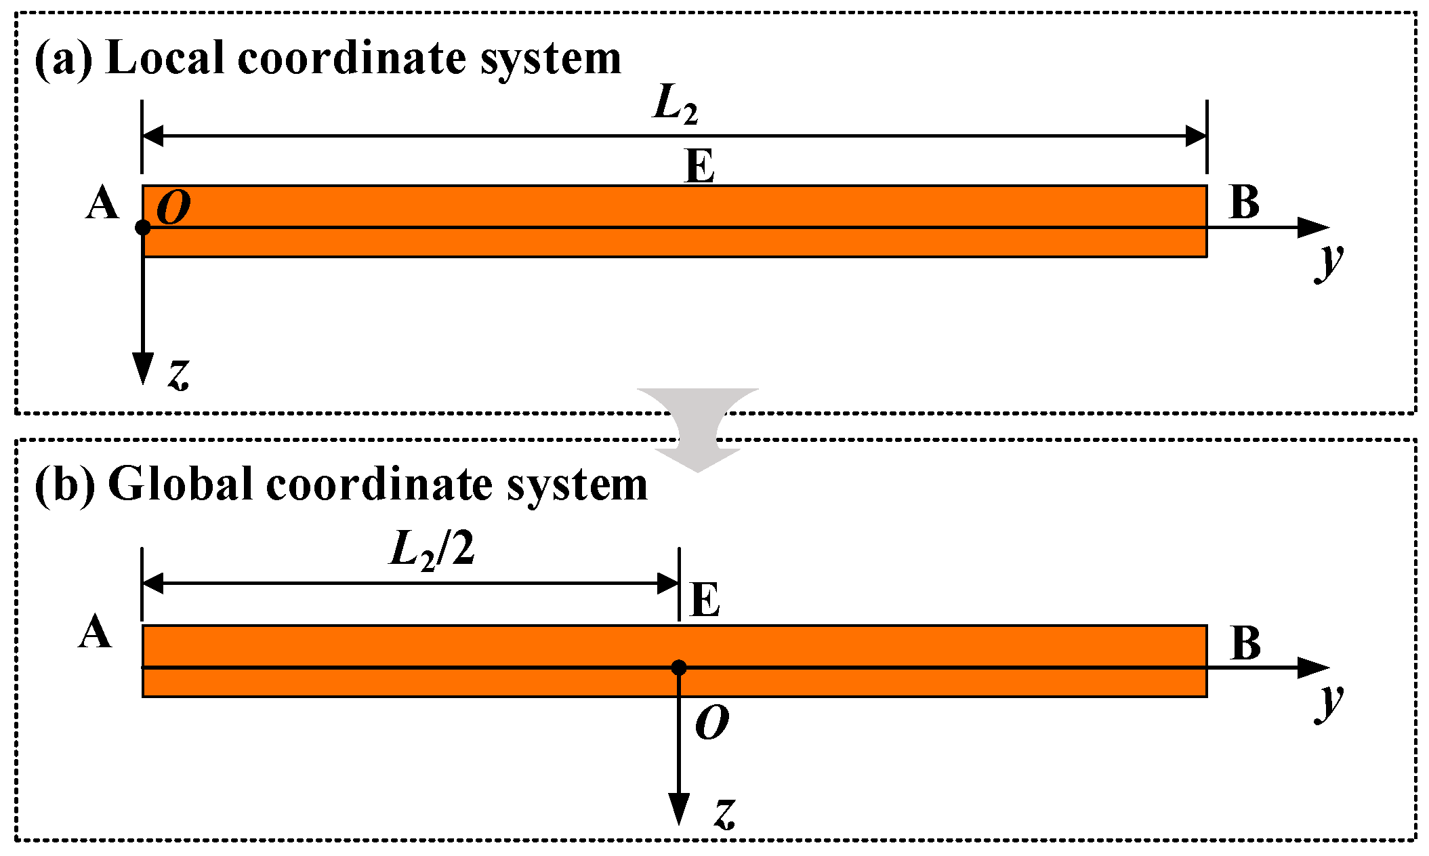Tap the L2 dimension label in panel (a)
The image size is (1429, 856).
pos(675,104)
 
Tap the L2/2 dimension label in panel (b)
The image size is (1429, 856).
pos(432,550)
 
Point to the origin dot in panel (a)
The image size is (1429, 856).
pos(143,228)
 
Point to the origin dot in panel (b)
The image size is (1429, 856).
pos(679,668)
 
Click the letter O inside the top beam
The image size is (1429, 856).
pos(173,207)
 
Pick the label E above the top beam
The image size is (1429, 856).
pos(700,166)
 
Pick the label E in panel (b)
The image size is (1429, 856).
pos(705,600)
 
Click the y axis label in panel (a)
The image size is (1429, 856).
pos(1329,262)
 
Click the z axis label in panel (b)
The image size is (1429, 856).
pos(724,813)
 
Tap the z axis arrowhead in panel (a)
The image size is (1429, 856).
pos(143,369)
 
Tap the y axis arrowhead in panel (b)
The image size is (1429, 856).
pos(1313,668)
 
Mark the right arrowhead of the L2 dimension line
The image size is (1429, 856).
pos(1195,136)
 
